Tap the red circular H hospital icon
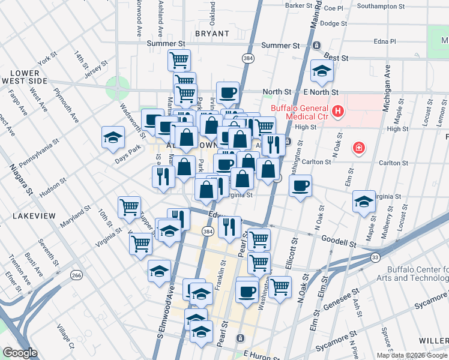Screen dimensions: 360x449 pos(338,111)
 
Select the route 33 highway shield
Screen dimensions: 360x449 pos(375,257)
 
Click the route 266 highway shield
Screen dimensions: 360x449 pos(77,275)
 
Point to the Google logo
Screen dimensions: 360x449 pos(20,353)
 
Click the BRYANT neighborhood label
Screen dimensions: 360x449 pos(212,34)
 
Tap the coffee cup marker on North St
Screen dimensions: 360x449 pos(228,93)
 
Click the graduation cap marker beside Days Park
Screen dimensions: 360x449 pos(113,137)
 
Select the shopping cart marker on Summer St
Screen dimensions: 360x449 pos(179,60)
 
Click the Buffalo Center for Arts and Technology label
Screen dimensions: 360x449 pos(414,274)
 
